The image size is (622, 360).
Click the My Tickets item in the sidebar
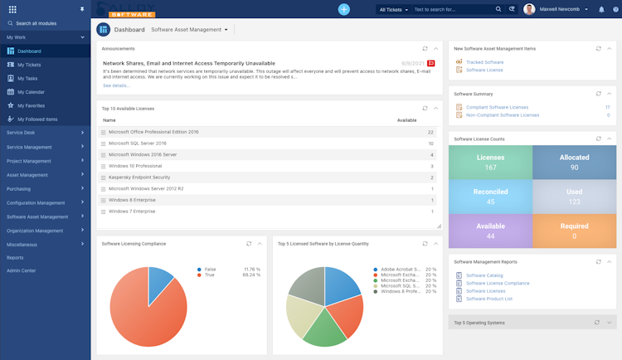click(x=29, y=65)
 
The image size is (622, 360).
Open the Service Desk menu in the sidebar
click(x=21, y=133)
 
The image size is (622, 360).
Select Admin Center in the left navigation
click(x=22, y=270)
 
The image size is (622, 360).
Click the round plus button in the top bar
click(x=344, y=9)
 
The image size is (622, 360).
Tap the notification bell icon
click(x=602, y=10)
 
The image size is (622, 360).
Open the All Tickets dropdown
click(x=393, y=10)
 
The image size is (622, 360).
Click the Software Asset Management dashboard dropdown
click(x=189, y=30)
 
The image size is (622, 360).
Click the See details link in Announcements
click(x=116, y=85)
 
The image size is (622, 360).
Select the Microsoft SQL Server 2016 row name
click(x=138, y=144)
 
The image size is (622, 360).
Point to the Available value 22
click(x=430, y=132)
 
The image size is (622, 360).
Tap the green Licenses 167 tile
click(x=491, y=162)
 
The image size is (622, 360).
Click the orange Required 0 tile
click(x=574, y=231)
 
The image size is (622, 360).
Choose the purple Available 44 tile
click(x=491, y=231)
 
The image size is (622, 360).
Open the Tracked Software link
click(x=484, y=62)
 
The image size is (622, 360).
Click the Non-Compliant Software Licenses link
click(x=503, y=115)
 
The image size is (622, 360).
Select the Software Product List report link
click(x=489, y=299)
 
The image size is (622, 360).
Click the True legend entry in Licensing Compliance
click(x=211, y=275)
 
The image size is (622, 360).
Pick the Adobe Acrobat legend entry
click(x=396, y=270)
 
